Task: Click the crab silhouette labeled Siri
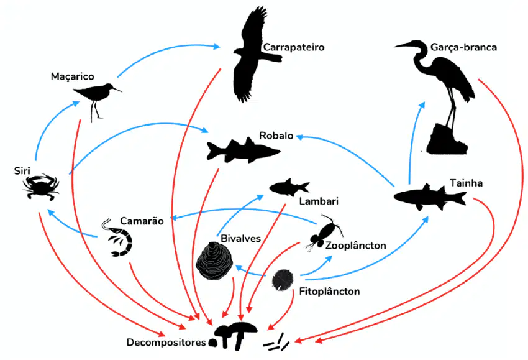click(41, 187)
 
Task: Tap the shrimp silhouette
click(118, 238)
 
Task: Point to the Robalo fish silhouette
click(243, 150)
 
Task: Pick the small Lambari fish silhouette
click(289, 187)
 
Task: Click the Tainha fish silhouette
click(430, 197)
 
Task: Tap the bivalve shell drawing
click(214, 261)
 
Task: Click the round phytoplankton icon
click(283, 279)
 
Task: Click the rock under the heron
click(447, 139)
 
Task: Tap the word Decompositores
click(166, 343)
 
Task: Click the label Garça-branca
click(463, 47)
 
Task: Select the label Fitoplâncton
click(329, 291)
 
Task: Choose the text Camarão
click(142, 221)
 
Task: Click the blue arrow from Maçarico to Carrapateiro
click(166, 52)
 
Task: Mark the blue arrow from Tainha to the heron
click(412, 142)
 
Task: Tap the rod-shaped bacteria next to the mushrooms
click(276, 343)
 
